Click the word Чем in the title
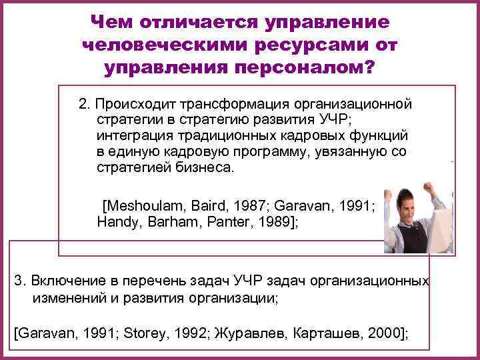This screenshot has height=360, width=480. click(114, 21)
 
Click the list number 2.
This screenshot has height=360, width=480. click(83, 105)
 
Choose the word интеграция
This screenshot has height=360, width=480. click(131, 135)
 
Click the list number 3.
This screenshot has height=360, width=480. click(18, 279)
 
